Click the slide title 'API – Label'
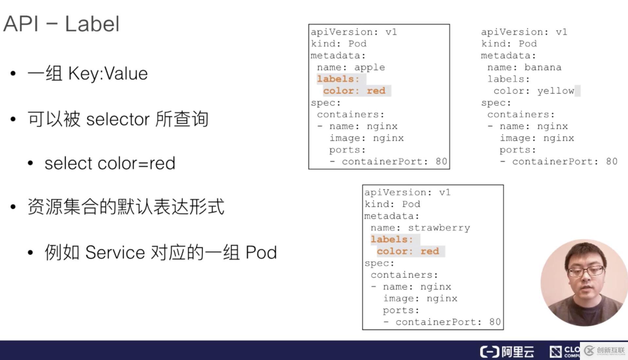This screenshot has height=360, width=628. [61, 24]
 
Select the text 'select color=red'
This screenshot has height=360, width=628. [110, 163]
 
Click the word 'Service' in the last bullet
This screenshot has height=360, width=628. [115, 252]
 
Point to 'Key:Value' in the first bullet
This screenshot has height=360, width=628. [108, 73]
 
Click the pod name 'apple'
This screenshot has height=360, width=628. [370, 67]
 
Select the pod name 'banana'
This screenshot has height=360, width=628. [543, 67]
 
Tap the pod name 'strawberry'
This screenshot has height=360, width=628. [439, 228]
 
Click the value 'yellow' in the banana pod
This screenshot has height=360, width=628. [555, 91]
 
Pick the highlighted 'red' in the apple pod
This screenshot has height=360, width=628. [376, 91]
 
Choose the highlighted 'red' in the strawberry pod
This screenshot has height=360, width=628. [429, 251]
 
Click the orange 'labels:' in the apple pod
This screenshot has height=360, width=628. [338, 79]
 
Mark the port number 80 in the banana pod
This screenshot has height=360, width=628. [611, 161]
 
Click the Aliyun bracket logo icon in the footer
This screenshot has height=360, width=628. [490, 352]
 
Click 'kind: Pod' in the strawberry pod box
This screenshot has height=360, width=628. [392, 204]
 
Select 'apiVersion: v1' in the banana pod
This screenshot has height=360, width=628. [524, 32]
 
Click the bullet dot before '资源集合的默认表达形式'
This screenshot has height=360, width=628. [13, 207]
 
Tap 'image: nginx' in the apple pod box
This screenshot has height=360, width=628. [366, 138]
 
